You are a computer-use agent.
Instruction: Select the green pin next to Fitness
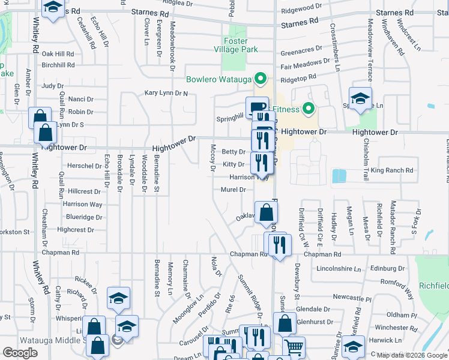(x=309, y=109)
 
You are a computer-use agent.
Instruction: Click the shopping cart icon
(x=294, y=347)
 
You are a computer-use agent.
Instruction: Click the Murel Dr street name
(x=234, y=190)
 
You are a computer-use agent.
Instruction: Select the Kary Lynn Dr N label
(x=166, y=94)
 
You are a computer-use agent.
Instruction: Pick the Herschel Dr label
(x=83, y=166)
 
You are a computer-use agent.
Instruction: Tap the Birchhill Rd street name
(x=58, y=65)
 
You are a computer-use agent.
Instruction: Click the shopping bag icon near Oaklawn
(x=267, y=212)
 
